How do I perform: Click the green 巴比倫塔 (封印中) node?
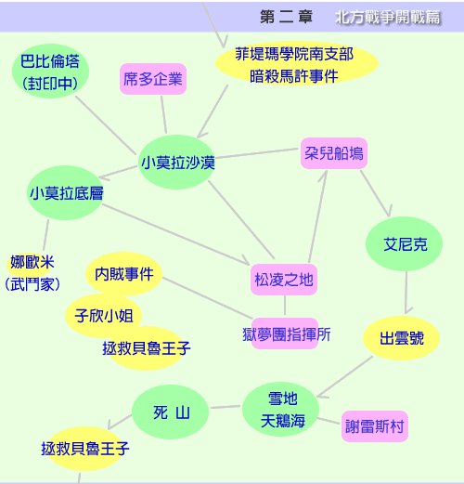(x=50, y=72)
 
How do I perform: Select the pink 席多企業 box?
(x=153, y=79)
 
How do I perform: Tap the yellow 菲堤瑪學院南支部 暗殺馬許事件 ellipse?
(x=297, y=63)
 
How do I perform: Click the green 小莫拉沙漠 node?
(x=177, y=162)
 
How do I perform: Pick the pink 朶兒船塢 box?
(x=334, y=153)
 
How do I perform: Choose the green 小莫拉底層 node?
(x=66, y=192)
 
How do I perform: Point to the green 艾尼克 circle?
(x=404, y=243)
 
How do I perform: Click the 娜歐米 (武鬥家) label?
(x=32, y=273)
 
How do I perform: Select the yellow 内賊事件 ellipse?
(x=123, y=274)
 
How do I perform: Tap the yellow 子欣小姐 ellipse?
(x=104, y=315)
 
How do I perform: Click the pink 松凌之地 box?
(x=284, y=280)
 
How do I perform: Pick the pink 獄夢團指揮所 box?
(x=285, y=334)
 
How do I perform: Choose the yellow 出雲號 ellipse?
(x=401, y=338)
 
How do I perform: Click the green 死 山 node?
(x=171, y=412)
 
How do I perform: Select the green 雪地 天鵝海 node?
(x=281, y=410)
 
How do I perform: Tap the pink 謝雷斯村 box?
(x=375, y=426)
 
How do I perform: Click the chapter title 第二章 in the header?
(x=286, y=17)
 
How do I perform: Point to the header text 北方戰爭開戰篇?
(x=387, y=17)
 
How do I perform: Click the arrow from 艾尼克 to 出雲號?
(x=406, y=293)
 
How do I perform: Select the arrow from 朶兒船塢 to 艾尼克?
(x=376, y=193)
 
